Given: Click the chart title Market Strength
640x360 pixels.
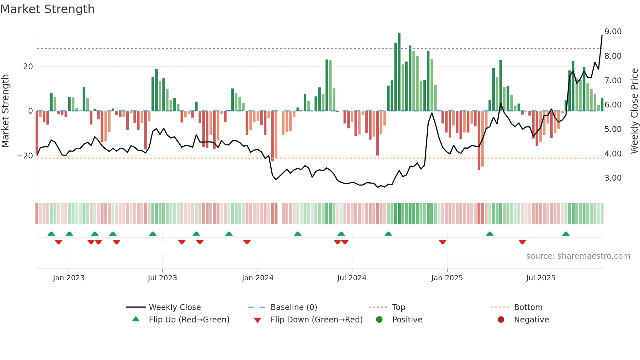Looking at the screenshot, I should tap(47, 9).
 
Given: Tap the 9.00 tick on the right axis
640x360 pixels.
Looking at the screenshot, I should tap(613, 32).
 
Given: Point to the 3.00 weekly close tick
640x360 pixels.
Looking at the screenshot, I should tap(613, 178).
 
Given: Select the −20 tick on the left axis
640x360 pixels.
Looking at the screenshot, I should tap(25, 156).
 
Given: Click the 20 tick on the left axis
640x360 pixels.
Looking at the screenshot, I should tap(28, 67).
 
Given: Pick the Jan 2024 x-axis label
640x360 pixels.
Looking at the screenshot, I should tap(257, 278).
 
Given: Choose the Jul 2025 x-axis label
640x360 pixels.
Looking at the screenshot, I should tap(540, 278).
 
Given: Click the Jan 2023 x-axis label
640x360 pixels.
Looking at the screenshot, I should tap(69, 278).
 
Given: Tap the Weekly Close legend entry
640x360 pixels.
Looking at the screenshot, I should tap(174, 307).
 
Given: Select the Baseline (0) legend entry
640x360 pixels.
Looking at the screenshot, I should tap(294, 307).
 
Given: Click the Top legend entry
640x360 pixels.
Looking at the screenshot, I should tap(398, 307).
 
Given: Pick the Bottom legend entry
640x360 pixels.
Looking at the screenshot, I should tap(528, 307).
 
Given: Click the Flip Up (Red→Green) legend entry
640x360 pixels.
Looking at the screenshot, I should tap(189, 320).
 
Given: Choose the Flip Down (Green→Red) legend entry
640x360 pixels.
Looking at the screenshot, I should tap(316, 320).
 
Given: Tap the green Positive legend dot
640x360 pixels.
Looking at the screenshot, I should tap(379, 319).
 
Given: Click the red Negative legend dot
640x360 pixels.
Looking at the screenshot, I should tap(501, 319).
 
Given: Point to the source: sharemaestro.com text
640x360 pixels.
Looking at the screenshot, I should tap(578, 256).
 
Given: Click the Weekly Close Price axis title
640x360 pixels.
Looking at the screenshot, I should tap(634, 111).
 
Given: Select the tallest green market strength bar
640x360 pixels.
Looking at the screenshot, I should tap(399, 72).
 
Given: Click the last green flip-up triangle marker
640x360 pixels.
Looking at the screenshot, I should tap(566, 234).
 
